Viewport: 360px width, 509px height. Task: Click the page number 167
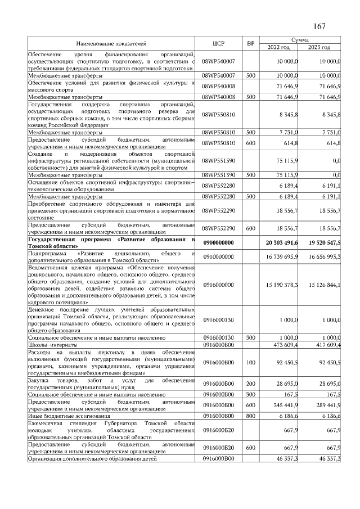[x=319, y=26]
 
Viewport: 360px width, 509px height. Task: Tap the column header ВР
[x=251, y=43]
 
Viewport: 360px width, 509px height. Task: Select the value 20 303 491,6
[x=281, y=242]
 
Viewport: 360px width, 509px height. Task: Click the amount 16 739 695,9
[x=281, y=256]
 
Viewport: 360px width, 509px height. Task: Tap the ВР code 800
[x=251, y=416]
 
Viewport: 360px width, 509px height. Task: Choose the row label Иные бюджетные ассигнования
[x=69, y=416]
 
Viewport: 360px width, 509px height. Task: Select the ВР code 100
[x=251, y=362]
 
